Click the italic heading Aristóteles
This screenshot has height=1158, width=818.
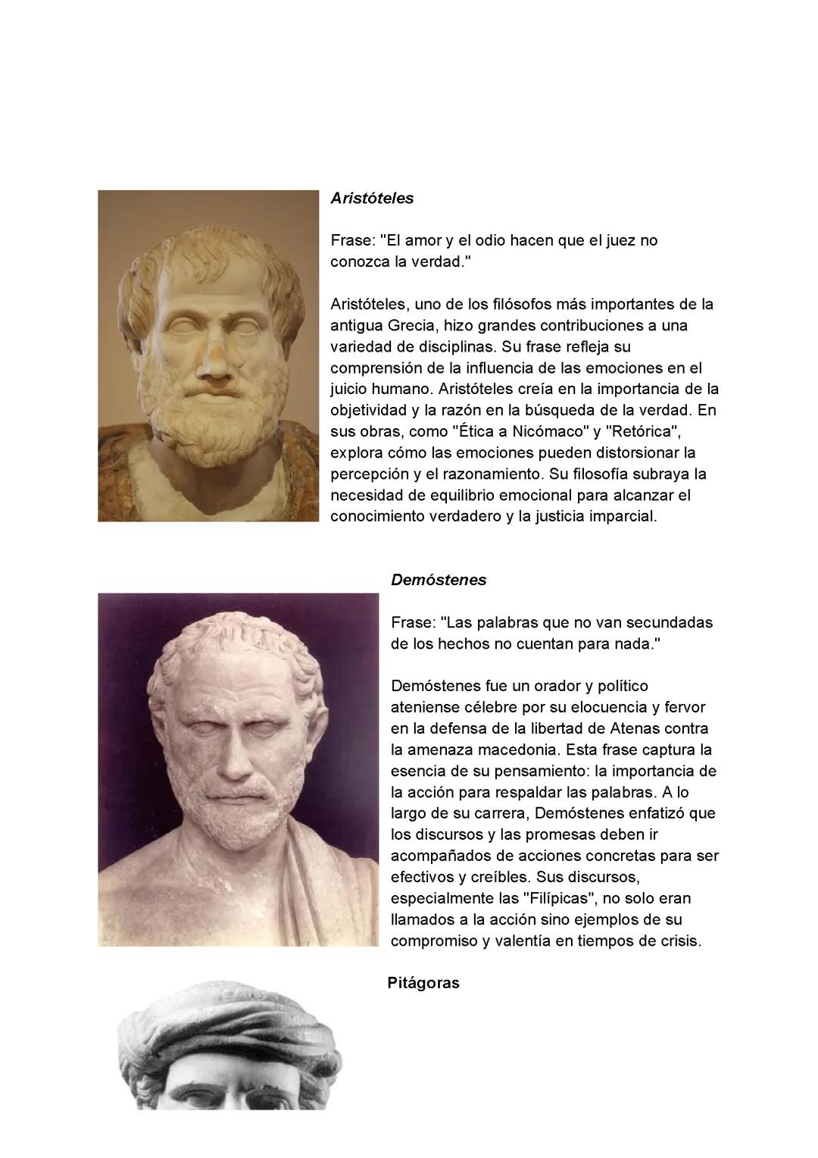(372, 199)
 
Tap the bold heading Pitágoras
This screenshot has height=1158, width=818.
(423, 984)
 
